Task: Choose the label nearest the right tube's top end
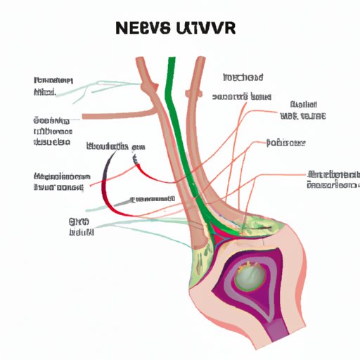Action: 243,77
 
